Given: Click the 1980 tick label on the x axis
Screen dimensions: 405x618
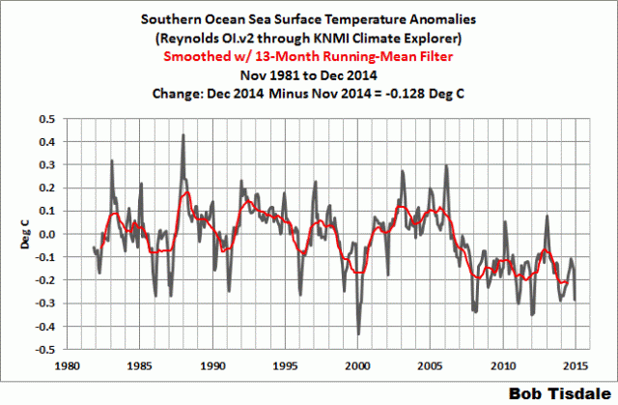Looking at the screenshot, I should click(x=65, y=366).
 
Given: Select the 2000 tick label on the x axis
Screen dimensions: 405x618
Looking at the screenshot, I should click(x=357, y=366).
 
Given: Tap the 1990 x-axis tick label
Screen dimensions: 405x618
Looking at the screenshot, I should click(x=211, y=366).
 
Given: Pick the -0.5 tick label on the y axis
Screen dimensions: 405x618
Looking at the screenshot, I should click(x=43, y=350).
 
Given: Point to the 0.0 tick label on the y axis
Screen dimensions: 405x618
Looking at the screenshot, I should click(x=45, y=234).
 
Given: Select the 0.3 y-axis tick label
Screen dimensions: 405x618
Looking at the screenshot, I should click(x=45, y=165).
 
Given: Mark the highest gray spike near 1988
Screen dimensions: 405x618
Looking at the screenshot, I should click(x=182, y=135).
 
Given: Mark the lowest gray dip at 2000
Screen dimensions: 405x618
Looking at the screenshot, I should click(x=358, y=334).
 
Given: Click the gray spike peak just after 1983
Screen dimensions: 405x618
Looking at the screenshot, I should click(x=112, y=160).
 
